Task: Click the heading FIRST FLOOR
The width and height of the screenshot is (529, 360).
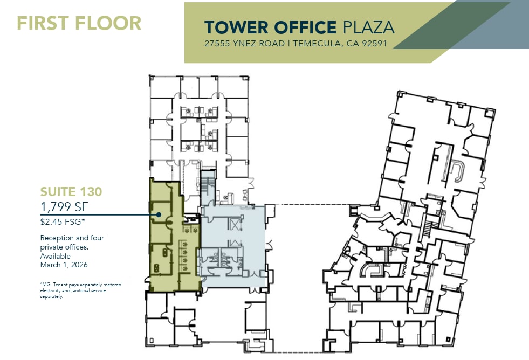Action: click(79, 23)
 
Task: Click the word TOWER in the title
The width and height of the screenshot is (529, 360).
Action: click(237, 27)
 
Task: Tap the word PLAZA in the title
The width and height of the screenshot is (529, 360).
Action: click(369, 27)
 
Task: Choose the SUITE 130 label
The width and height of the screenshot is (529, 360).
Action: click(71, 192)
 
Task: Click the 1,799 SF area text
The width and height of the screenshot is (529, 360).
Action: click(64, 206)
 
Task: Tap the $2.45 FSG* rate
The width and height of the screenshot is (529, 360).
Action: click(63, 222)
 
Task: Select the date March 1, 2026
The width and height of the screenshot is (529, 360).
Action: click(64, 265)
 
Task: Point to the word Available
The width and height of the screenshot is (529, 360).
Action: click(56, 256)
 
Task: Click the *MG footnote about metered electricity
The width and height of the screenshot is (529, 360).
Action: click(81, 290)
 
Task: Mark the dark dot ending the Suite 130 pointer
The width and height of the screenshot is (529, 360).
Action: click(159, 214)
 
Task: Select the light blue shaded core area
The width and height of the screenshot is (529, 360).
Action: click(233, 246)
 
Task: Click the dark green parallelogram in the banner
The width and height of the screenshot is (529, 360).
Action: click(452, 25)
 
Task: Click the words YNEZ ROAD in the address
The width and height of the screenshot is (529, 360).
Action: click(259, 44)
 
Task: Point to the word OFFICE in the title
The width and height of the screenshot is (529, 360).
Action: click(305, 27)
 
